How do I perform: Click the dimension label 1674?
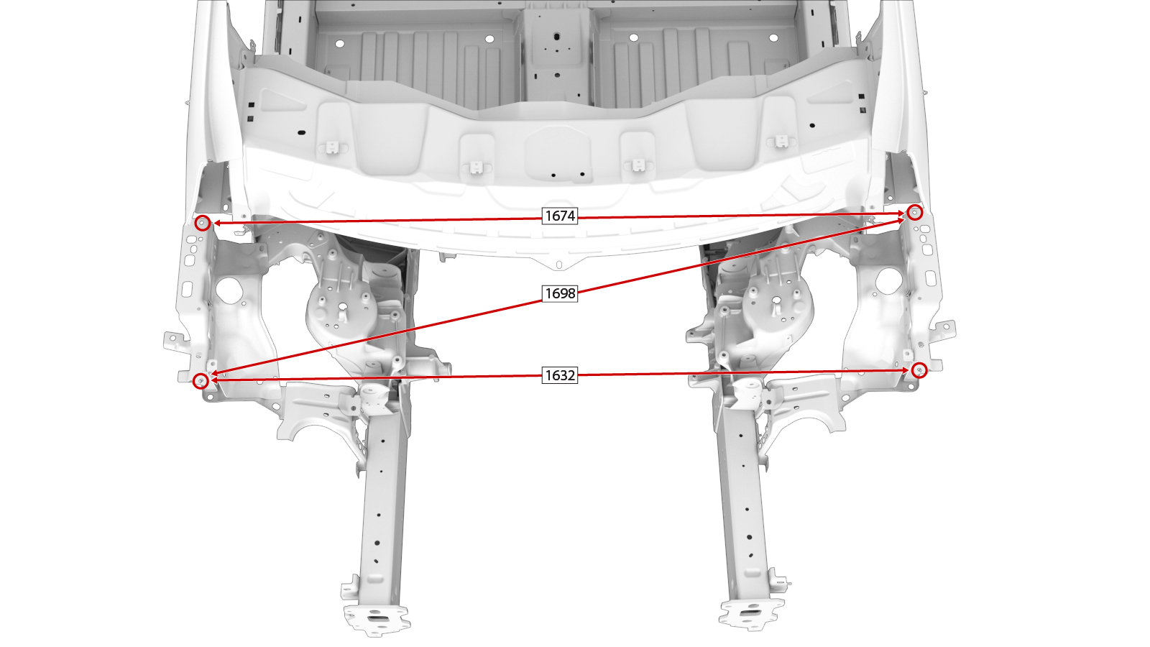point(560,216)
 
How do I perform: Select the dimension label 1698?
point(560,293)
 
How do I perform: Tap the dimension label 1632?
point(560,375)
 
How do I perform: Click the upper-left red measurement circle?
point(203,223)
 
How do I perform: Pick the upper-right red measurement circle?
point(914,212)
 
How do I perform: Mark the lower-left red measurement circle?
point(201,380)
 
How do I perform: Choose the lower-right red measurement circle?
point(919,370)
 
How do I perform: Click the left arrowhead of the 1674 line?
point(217,223)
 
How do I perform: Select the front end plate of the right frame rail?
point(752,614)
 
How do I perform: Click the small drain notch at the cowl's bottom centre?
point(559,265)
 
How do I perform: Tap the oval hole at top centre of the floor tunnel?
point(556,37)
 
